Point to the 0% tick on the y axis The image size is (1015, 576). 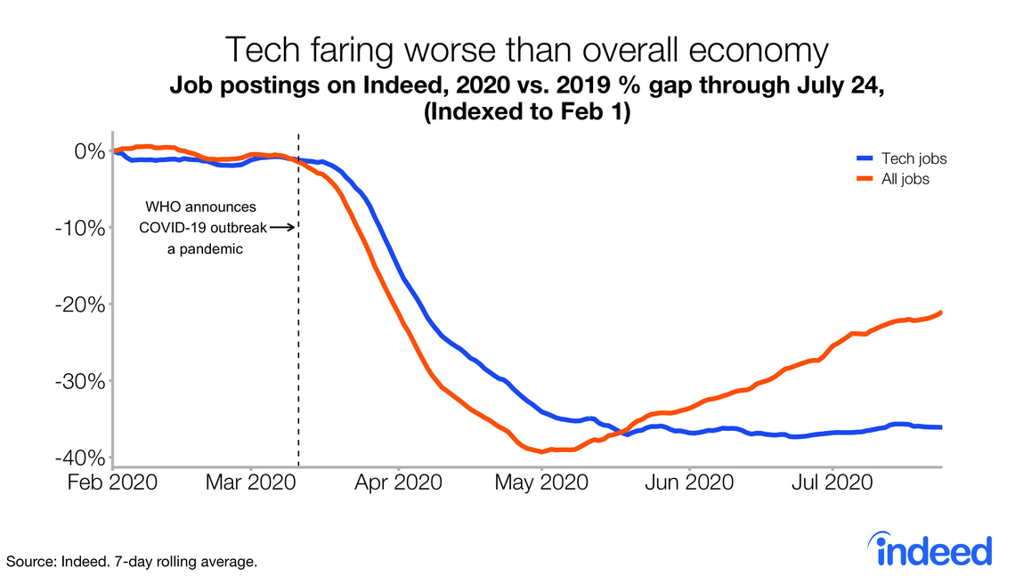pos(89,151)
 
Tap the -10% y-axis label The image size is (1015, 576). pos(81,228)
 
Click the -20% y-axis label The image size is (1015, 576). pos(81,304)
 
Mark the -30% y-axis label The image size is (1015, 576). pos(81,381)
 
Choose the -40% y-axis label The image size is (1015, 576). pos(81,458)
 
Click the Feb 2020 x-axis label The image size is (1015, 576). pos(115,483)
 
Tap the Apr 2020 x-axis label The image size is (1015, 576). pos(398,483)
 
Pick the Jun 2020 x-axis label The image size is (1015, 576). pos(690,483)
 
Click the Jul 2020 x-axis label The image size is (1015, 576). pos(832,483)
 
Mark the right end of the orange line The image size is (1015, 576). pos(941,312)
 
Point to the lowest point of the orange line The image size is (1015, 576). pos(542,451)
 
